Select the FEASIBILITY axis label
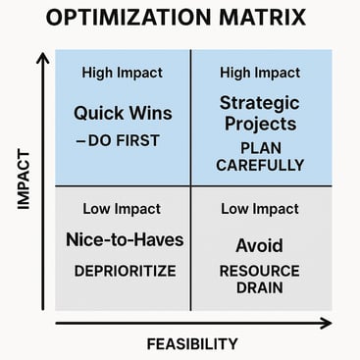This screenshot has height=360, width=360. click(192, 343)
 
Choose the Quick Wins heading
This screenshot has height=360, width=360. click(123, 112)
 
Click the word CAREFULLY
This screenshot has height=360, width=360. click(259, 165)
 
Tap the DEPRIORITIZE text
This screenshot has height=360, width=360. click(123, 269)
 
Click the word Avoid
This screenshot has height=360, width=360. click(259, 245)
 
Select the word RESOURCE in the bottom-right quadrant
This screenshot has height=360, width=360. click(259, 270)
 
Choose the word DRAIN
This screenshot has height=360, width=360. click(259, 288)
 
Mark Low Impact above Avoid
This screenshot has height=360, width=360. click(259, 208)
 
